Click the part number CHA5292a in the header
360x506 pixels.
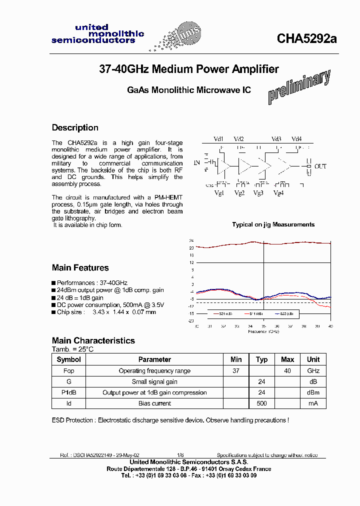[x=307, y=39]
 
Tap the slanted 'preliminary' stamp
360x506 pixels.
[x=299, y=86]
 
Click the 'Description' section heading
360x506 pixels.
[x=75, y=127]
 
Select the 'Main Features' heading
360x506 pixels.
[x=80, y=267]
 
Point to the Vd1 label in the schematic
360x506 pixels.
[x=219, y=139]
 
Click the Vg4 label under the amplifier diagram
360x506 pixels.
[x=278, y=193]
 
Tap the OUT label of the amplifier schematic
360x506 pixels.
[x=320, y=166]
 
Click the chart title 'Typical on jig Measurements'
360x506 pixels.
[x=273, y=224]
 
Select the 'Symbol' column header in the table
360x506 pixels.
[x=69, y=359]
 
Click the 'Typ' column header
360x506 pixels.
[x=261, y=359]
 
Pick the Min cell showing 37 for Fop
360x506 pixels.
[x=236, y=371]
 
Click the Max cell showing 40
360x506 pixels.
[x=287, y=371]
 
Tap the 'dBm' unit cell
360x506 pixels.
[x=313, y=392]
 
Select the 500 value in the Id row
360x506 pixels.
[x=261, y=403]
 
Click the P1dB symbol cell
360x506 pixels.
[x=69, y=392]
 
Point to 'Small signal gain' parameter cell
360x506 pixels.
[x=154, y=382]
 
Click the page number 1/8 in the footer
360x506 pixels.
[x=180, y=455]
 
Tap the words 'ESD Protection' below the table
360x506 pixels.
[x=72, y=420]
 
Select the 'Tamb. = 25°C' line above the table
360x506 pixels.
[x=72, y=349]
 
